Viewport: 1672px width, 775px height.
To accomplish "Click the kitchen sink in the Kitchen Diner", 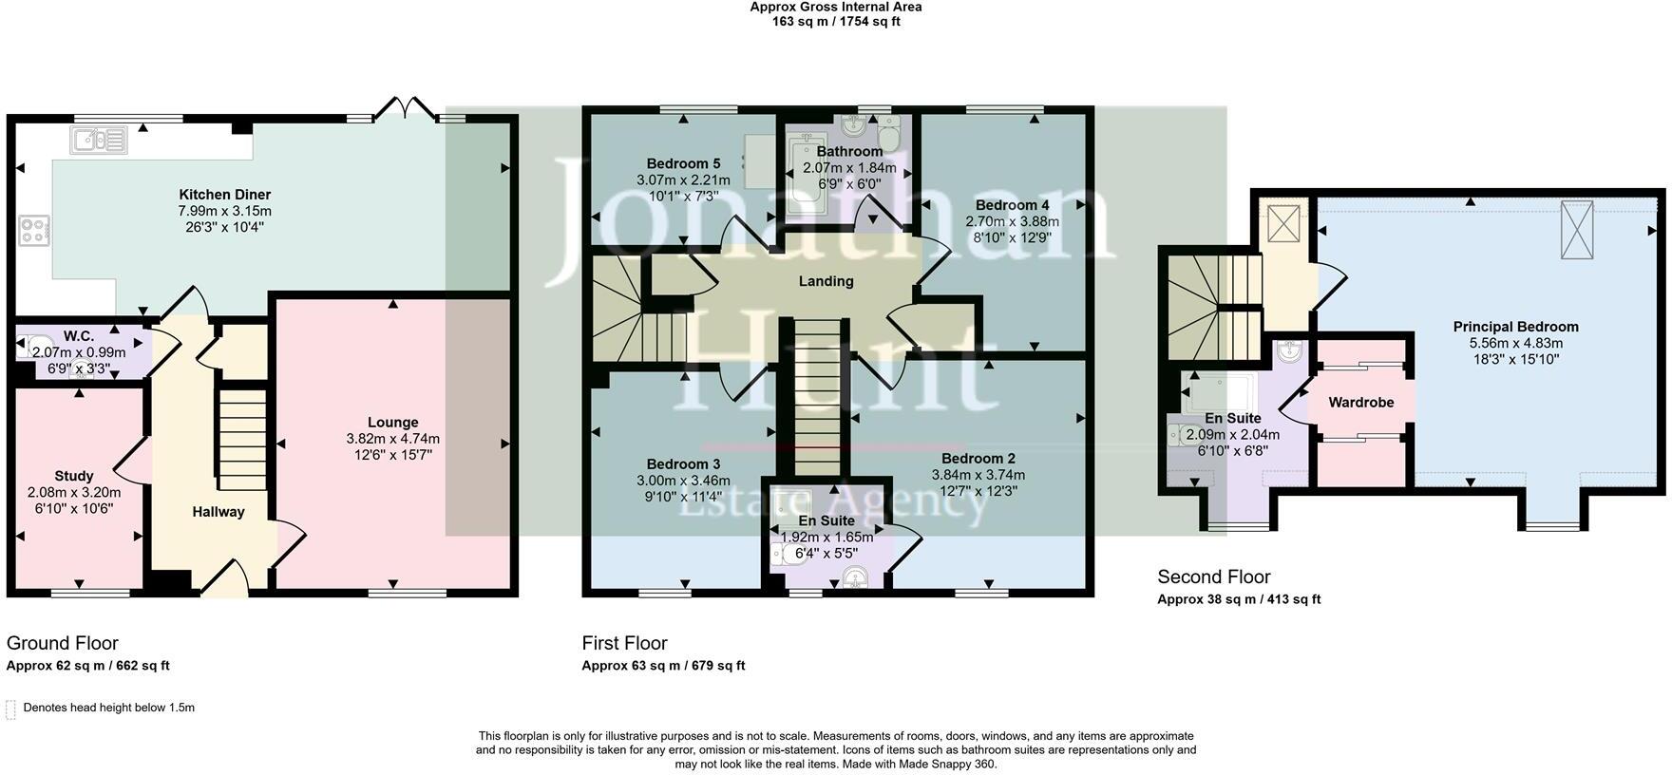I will point(98,142).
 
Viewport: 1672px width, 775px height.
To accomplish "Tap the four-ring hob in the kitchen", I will point(33,230).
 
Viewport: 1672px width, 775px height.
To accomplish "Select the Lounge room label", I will point(393,423).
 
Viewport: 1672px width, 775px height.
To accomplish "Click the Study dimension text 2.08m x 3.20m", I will point(74,493).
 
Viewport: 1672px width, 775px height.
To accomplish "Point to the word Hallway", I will point(218,512).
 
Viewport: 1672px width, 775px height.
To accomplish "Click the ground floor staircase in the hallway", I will point(242,437).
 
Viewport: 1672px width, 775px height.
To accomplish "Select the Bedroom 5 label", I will point(683,163).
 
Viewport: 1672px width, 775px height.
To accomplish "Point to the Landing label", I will point(826,281).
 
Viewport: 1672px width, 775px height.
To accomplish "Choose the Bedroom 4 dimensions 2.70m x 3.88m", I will point(1012,221).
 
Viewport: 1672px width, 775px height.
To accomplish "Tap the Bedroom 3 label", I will point(683,464).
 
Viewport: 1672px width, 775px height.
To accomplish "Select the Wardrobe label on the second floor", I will point(1360,403).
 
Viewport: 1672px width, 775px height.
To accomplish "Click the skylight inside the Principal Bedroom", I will point(1577,230).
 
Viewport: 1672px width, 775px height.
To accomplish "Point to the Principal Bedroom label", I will point(1515,327).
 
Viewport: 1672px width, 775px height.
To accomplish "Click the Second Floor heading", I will point(1213,577).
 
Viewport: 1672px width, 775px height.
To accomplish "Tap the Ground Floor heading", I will point(63,643).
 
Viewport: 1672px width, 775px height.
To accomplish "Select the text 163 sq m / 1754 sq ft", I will point(835,21).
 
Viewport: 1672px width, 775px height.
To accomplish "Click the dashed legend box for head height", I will point(10,709).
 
